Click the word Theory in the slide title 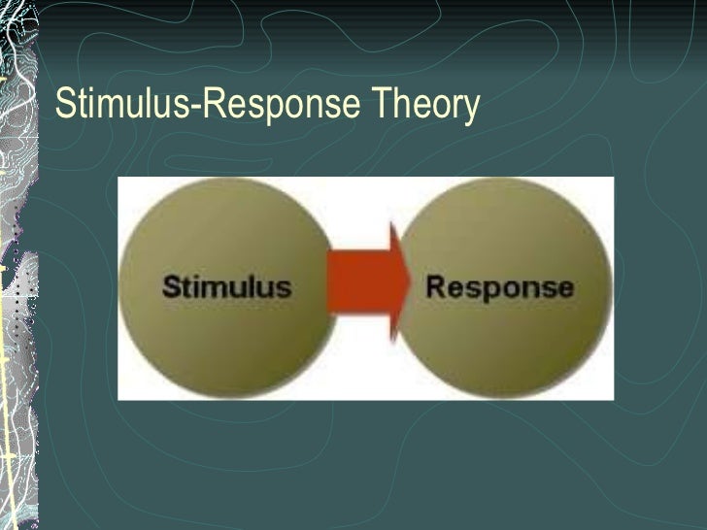[x=424, y=105]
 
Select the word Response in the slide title [x=281, y=105]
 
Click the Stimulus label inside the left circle [x=226, y=287]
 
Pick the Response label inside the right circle [x=499, y=287]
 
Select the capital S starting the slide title [x=65, y=104]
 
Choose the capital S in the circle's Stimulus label [x=171, y=286]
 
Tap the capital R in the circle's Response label [x=436, y=287]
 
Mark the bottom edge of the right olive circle [x=505, y=393]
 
